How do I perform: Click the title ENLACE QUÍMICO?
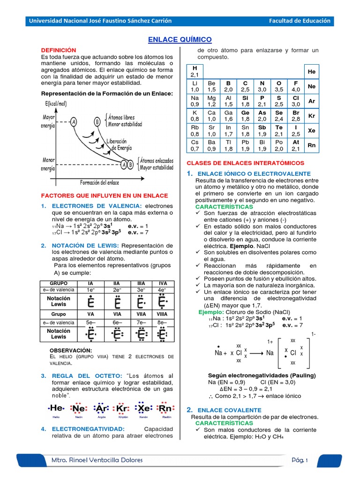[180, 40]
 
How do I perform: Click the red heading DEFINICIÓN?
[58, 50]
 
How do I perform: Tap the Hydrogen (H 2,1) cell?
[195, 72]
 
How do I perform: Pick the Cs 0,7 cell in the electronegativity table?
[195, 145]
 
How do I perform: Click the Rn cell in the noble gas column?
[311, 145]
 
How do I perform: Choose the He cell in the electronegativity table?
[311, 72]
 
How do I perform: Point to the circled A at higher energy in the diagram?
[73, 122]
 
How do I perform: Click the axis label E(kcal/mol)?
[62, 104]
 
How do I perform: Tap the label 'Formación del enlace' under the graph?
[99, 182]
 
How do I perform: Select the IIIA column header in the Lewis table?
[141, 283]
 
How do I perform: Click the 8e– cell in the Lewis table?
[163, 322]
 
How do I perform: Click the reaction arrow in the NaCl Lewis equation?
[254, 353]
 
